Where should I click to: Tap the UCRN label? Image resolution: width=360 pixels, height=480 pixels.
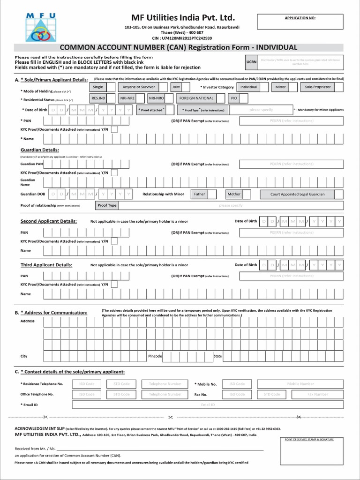[251, 62]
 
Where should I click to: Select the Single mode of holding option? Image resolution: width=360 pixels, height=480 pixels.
[98, 87]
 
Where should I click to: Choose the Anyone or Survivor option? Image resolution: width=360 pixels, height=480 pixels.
[139, 87]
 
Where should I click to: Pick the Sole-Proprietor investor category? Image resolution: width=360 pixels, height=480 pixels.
[317, 87]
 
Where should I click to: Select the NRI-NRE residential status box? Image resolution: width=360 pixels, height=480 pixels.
[127, 98]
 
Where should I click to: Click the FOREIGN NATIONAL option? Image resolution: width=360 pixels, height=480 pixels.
[196, 98]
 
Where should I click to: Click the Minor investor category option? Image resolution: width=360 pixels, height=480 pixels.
[280, 87]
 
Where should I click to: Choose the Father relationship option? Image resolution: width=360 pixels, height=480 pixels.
[200, 194]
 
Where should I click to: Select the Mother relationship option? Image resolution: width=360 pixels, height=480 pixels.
[234, 194]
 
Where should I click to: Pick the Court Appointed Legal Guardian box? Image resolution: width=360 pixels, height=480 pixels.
[297, 194]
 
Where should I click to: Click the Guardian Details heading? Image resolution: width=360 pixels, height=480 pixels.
[39, 150]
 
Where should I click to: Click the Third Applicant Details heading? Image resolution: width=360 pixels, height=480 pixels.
[46, 265]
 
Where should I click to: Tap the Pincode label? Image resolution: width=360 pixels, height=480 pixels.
[155, 356]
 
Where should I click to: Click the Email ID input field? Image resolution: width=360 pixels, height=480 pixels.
[208, 405]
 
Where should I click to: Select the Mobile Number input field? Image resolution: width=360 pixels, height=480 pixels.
[300, 384]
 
